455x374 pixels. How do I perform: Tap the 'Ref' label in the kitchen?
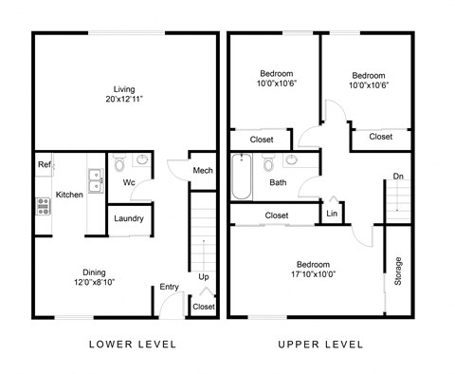(x=44, y=164)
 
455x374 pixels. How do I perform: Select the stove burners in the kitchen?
(x=43, y=205)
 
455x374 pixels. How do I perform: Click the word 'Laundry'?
(x=128, y=218)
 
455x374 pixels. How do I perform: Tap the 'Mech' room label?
(x=201, y=170)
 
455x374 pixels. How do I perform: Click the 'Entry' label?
(x=170, y=287)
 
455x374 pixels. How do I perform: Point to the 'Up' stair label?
(x=203, y=277)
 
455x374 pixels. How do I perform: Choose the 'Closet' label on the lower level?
(x=203, y=307)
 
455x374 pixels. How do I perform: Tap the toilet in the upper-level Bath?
(x=269, y=163)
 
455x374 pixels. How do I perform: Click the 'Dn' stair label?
(x=399, y=177)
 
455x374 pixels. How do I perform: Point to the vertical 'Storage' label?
(x=397, y=271)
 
